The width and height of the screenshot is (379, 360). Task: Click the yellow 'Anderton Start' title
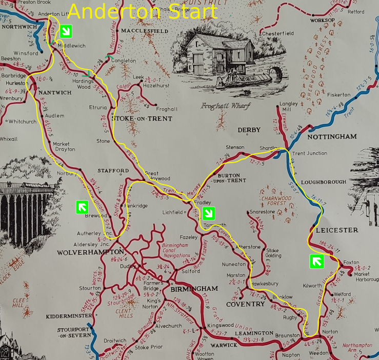[x=143, y=11]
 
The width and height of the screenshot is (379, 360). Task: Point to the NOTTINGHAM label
[x=332, y=137]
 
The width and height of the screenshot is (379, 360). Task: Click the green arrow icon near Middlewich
[x=65, y=32]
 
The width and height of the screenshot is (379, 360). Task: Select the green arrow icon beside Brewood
[x=82, y=207]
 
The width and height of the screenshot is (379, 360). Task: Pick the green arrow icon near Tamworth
[x=208, y=213]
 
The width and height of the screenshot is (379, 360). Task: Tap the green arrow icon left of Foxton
[x=316, y=262]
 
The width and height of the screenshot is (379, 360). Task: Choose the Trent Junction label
[x=309, y=153]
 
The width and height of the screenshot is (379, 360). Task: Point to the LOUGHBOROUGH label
[x=324, y=182]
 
